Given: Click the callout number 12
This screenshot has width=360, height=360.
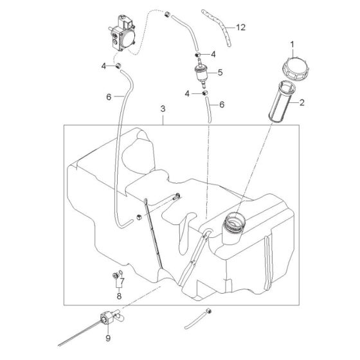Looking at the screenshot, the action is (240, 27).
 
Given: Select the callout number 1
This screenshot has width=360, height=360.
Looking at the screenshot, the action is (292, 44).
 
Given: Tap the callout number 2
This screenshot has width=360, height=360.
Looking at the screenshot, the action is (302, 102).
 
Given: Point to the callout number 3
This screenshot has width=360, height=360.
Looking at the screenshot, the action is (163, 109).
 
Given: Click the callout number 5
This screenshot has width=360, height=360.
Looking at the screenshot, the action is (220, 73).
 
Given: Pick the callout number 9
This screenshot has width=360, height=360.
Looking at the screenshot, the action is (108, 338).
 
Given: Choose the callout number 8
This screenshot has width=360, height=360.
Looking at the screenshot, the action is (119, 296).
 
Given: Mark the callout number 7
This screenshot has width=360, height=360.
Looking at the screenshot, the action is (122, 281).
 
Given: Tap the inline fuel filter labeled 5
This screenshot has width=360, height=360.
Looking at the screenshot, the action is (201, 73).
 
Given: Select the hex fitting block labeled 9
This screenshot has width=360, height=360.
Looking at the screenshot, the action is (107, 318).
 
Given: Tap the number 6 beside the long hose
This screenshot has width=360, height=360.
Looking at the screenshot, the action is (109, 97).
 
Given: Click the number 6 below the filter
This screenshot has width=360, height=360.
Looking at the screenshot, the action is (222, 105).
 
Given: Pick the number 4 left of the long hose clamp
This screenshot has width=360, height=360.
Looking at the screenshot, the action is (104, 67).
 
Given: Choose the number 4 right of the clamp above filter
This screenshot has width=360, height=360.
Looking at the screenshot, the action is (213, 55).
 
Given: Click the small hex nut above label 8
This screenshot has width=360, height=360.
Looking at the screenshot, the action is (115, 275).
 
